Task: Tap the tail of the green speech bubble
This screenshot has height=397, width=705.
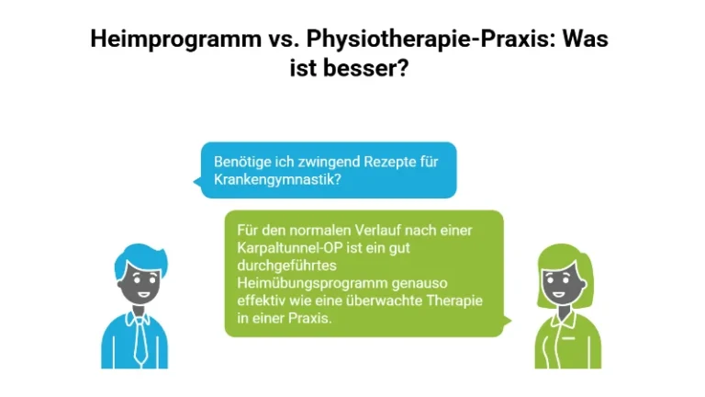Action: coord(506,323)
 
